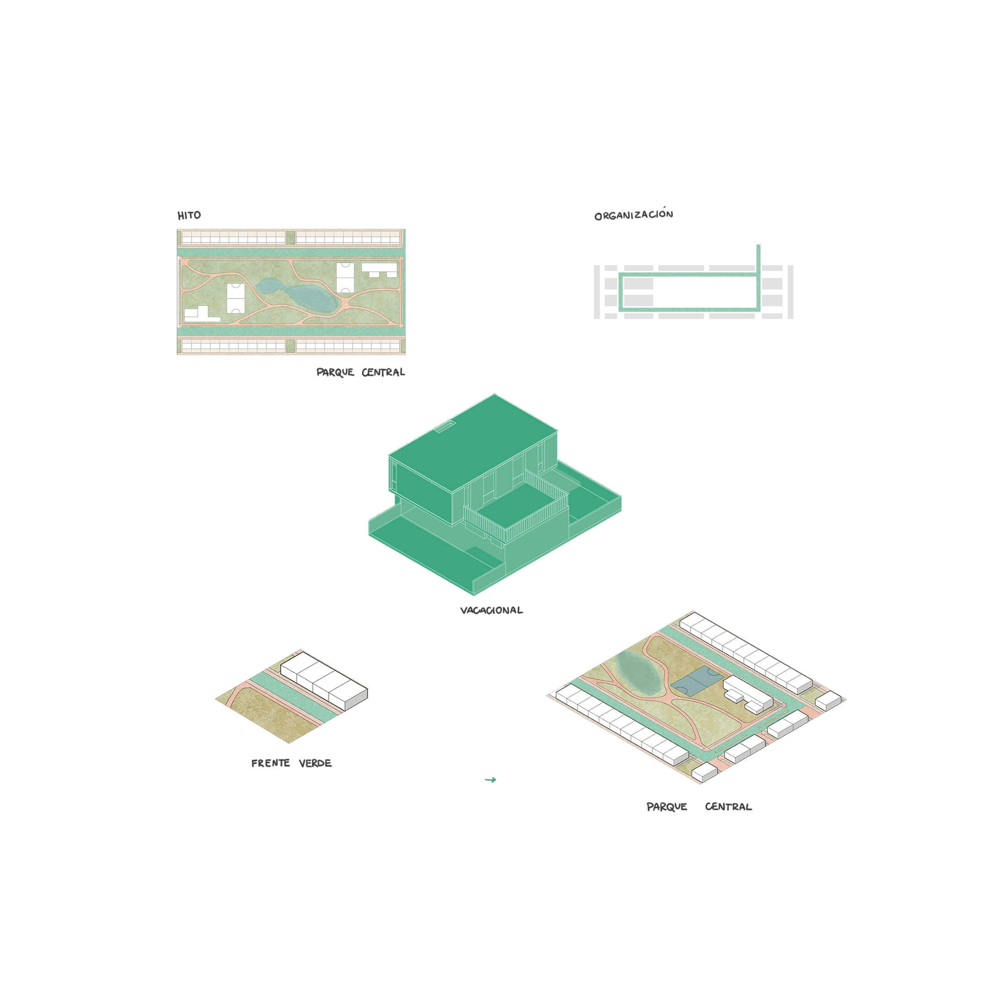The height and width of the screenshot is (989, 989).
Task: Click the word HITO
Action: point(189,216)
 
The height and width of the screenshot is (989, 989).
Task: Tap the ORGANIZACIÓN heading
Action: point(634,214)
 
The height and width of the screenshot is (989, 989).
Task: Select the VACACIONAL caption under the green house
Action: point(491,610)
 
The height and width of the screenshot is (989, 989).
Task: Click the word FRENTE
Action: point(270,763)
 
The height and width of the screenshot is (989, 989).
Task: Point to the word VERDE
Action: point(315,763)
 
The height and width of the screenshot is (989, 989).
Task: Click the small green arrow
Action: point(490,780)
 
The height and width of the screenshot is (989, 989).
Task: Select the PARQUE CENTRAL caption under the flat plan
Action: point(360,372)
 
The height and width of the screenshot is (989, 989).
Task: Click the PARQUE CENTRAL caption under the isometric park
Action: point(699,807)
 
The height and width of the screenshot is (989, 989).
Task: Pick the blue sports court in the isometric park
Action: point(697,684)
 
